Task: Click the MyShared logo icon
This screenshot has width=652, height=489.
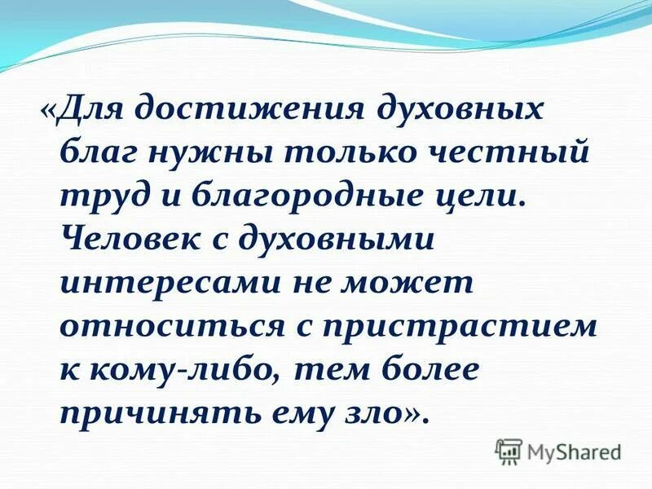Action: [509, 450]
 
